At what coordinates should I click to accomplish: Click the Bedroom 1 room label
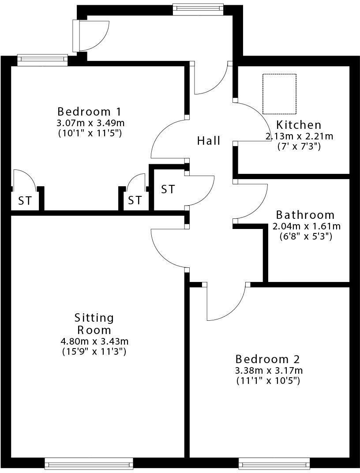point(89,111)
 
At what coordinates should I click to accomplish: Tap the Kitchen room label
point(299,125)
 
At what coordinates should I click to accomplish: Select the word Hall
point(209,141)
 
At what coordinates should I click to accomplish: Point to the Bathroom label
point(305,215)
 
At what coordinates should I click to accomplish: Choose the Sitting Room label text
point(94,323)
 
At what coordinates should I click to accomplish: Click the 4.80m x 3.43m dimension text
point(94,342)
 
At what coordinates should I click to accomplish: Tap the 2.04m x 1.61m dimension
point(306,226)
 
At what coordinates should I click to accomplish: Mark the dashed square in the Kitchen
point(279,94)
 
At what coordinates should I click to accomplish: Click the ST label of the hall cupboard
point(168,190)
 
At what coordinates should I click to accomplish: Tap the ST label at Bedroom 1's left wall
point(25,201)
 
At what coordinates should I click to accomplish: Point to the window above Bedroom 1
point(42,60)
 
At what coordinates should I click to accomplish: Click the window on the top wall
point(199,9)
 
